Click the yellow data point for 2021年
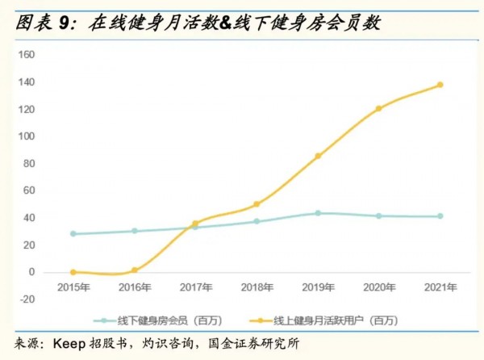[440, 85]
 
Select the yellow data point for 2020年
[378, 108]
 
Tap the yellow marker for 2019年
[318, 156]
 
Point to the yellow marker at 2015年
[73, 272]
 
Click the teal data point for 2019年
[318, 213]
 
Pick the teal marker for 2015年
[73, 234]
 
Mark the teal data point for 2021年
[440, 216]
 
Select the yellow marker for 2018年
[257, 204]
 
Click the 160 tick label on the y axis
[27, 54]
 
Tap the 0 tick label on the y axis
[31, 272]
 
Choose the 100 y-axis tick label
[27, 136]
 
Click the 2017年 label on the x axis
[195, 287]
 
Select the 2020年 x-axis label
[378, 287]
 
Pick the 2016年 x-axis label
[134, 287]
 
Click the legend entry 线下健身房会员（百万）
[170, 320]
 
